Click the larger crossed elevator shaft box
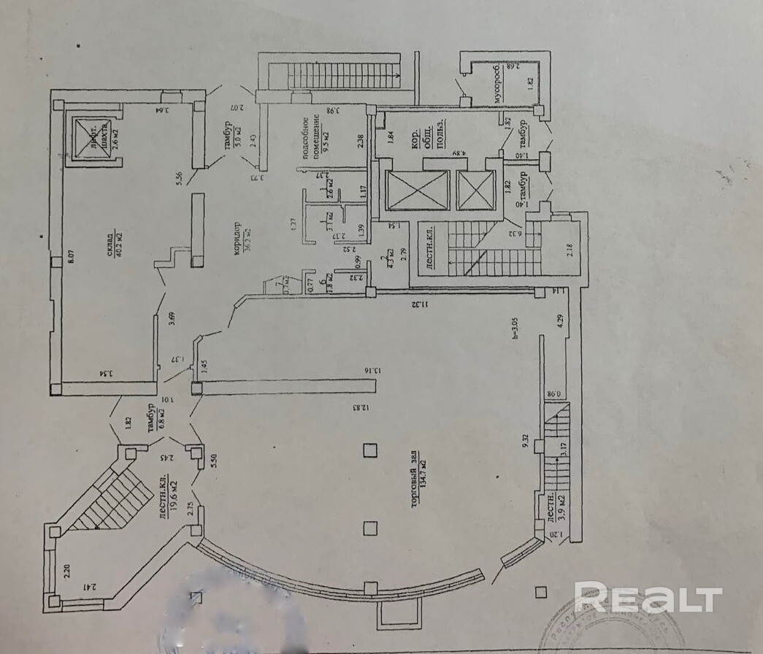pos(417,191)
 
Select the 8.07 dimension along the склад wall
pos(70,258)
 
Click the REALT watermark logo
pos(648,598)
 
